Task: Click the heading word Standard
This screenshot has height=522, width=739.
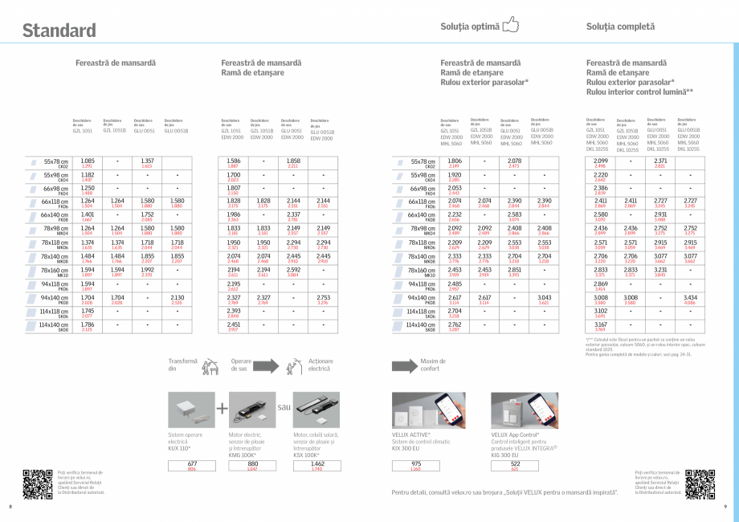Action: [x=59, y=31]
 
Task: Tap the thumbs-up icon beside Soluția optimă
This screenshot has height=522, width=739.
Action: [x=510, y=27]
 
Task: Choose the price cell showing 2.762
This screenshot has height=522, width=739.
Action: [x=454, y=328]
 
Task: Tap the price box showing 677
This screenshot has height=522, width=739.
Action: [x=192, y=467]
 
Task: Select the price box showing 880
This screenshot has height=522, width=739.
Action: [x=253, y=467]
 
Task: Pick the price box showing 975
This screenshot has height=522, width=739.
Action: [x=415, y=467]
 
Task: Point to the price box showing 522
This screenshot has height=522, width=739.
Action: [x=515, y=467]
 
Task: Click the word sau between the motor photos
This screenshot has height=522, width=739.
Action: [x=284, y=408]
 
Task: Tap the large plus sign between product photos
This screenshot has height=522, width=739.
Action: [x=223, y=409]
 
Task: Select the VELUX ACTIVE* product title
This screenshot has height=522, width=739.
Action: [x=410, y=434]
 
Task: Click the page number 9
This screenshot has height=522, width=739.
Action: [x=725, y=506]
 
